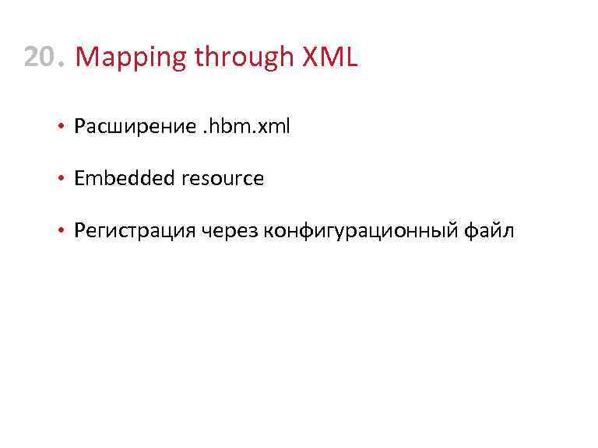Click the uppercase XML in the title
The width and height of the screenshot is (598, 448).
pyautogui.click(x=326, y=57)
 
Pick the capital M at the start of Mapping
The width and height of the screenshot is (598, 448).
pyautogui.click(x=87, y=57)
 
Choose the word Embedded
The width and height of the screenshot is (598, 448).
pyautogui.click(x=125, y=178)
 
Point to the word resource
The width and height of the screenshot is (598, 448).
pyautogui.click(x=223, y=179)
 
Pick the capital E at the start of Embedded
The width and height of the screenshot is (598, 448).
pyautogui.click(x=79, y=178)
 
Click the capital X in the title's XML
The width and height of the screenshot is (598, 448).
pyautogui.click(x=304, y=57)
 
